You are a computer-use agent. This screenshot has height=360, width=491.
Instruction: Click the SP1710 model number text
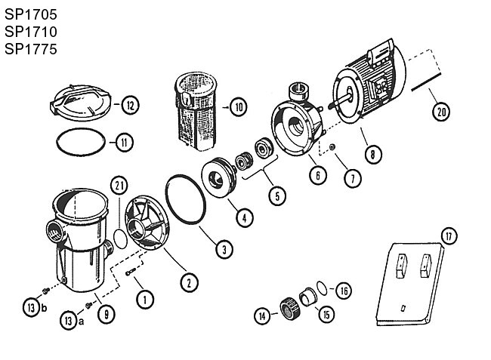click(31, 32)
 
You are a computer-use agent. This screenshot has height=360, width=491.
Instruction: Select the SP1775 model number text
click(31, 49)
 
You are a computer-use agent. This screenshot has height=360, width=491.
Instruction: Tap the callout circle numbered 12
click(130, 105)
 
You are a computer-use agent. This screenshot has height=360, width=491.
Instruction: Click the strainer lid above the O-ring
click(81, 103)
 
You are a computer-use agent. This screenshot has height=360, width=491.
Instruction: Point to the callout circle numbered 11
click(125, 143)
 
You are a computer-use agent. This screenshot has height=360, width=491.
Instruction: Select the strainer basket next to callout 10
click(196, 111)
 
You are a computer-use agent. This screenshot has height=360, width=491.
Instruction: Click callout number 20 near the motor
click(441, 112)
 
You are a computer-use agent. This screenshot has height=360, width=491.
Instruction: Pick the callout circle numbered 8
click(372, 154)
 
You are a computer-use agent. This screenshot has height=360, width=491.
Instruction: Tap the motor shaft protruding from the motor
click(339, 102)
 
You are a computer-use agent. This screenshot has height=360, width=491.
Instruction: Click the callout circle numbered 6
click(318, 175)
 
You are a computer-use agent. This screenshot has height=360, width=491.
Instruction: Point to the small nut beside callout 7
click(332, 146)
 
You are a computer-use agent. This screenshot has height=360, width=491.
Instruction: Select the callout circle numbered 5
click(277, 196)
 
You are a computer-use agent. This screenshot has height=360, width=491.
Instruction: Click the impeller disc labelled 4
click(218, 177)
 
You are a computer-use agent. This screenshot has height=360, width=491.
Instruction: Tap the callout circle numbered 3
click(224, 250)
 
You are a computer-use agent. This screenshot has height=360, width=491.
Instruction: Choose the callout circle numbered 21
click(119, 186)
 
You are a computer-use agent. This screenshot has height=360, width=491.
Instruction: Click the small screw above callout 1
click(131, 272)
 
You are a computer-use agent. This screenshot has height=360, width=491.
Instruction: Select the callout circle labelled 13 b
click(31, 307)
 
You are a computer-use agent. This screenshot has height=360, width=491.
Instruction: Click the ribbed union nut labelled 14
click(290, 308)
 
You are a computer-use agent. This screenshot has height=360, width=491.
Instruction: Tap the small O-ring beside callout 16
click(322, 288)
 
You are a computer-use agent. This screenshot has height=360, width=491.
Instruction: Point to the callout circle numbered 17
click(449, 236)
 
